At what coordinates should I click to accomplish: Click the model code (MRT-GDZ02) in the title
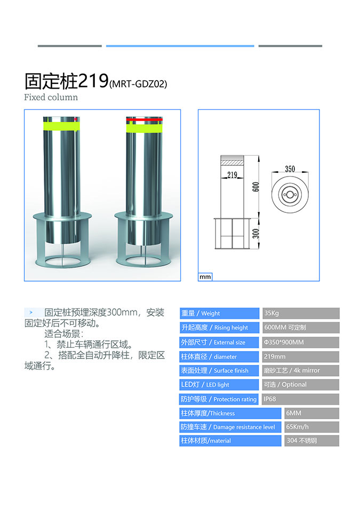[139, 84]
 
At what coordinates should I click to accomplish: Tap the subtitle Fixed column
[51, 97]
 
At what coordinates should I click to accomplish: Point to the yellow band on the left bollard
[61, 126]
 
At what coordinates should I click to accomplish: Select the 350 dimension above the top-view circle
[290, 169]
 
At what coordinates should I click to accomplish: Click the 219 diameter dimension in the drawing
[232, 175]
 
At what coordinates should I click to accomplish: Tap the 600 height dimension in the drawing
[256, 187]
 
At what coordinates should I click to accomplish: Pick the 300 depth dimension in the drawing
[256, 233]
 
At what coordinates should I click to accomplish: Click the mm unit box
[205, 277]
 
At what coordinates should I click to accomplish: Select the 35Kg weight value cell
[301, 313]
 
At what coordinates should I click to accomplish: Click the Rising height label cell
[219, 328]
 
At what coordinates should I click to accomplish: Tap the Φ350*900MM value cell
[301, 342]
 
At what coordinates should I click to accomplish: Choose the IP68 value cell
[301, 399]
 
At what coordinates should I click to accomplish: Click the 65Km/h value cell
[312, 427]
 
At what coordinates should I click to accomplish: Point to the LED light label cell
[219, 385]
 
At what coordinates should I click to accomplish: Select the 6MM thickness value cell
[312, 413]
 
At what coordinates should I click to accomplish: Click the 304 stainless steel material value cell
[312, 441]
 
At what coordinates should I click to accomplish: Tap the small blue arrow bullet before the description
[31, 312]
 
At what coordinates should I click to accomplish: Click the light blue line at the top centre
[180, 46]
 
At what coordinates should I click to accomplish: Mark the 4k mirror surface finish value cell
[301, 370]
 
